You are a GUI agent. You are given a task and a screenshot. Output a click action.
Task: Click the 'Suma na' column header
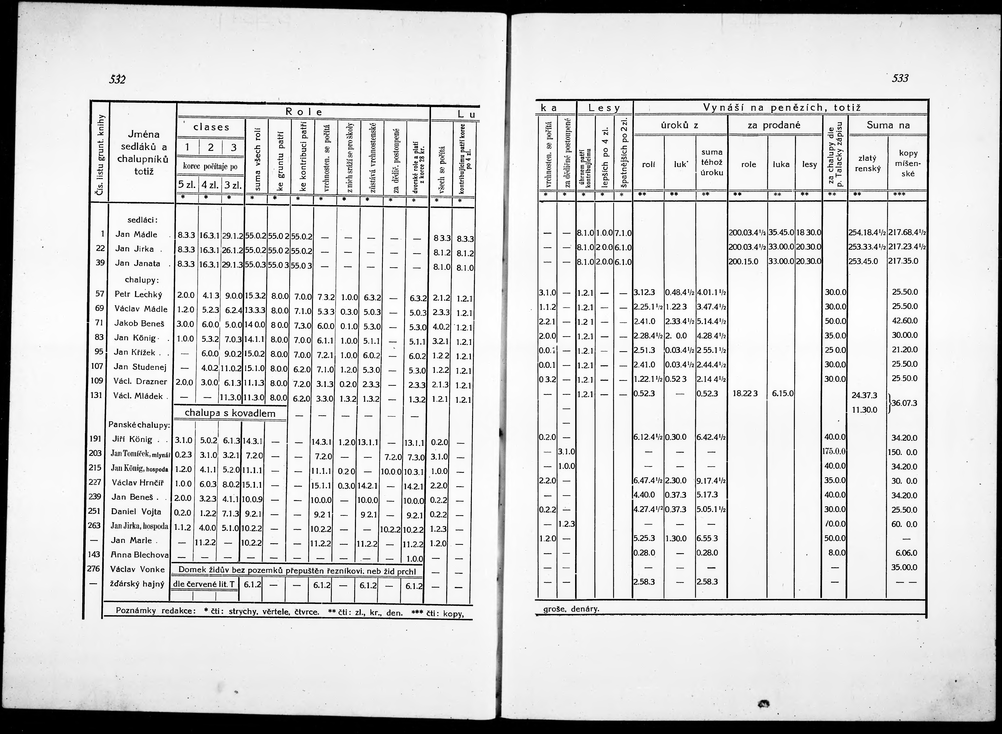[x=888, y=125]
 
